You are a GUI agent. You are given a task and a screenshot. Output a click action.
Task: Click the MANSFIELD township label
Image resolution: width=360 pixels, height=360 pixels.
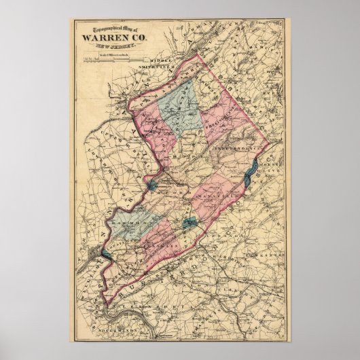pos(217,179)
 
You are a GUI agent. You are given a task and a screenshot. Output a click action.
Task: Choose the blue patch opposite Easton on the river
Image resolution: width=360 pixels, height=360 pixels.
pos(103,255)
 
